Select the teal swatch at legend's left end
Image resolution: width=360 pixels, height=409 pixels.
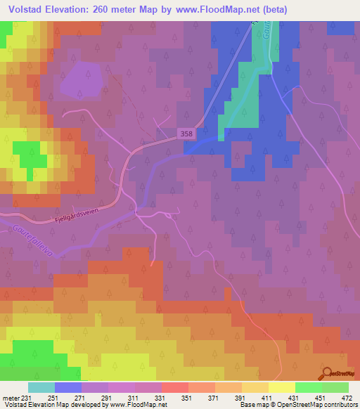(41, 387)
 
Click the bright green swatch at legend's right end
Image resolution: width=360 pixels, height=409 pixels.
(335, 387)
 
